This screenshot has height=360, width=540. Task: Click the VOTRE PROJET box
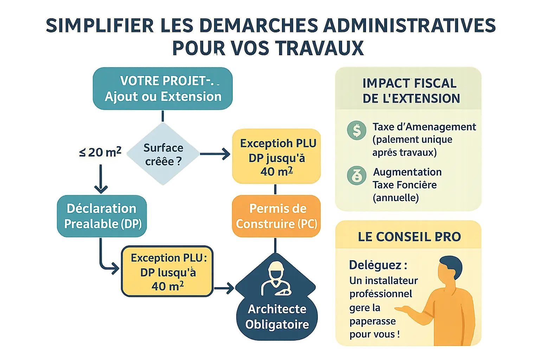[162, 89]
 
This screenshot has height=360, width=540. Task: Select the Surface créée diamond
[163, 154]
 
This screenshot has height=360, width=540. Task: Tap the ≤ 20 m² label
[100, 152]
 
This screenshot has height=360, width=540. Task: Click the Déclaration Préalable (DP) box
[102, 216]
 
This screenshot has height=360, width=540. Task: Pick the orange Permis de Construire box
[276, 216]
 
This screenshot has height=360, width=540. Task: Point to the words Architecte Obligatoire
[277, 316]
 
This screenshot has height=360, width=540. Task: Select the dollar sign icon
[356, 130]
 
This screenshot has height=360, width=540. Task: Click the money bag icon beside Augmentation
[356, 175]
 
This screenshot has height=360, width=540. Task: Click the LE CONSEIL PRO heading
[409, 237]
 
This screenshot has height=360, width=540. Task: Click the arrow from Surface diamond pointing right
[215, 154]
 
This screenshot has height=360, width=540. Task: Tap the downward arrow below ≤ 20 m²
[101, 179]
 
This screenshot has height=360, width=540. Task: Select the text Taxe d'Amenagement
[424, 127]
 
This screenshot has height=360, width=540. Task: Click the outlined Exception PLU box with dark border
[168, 272]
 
